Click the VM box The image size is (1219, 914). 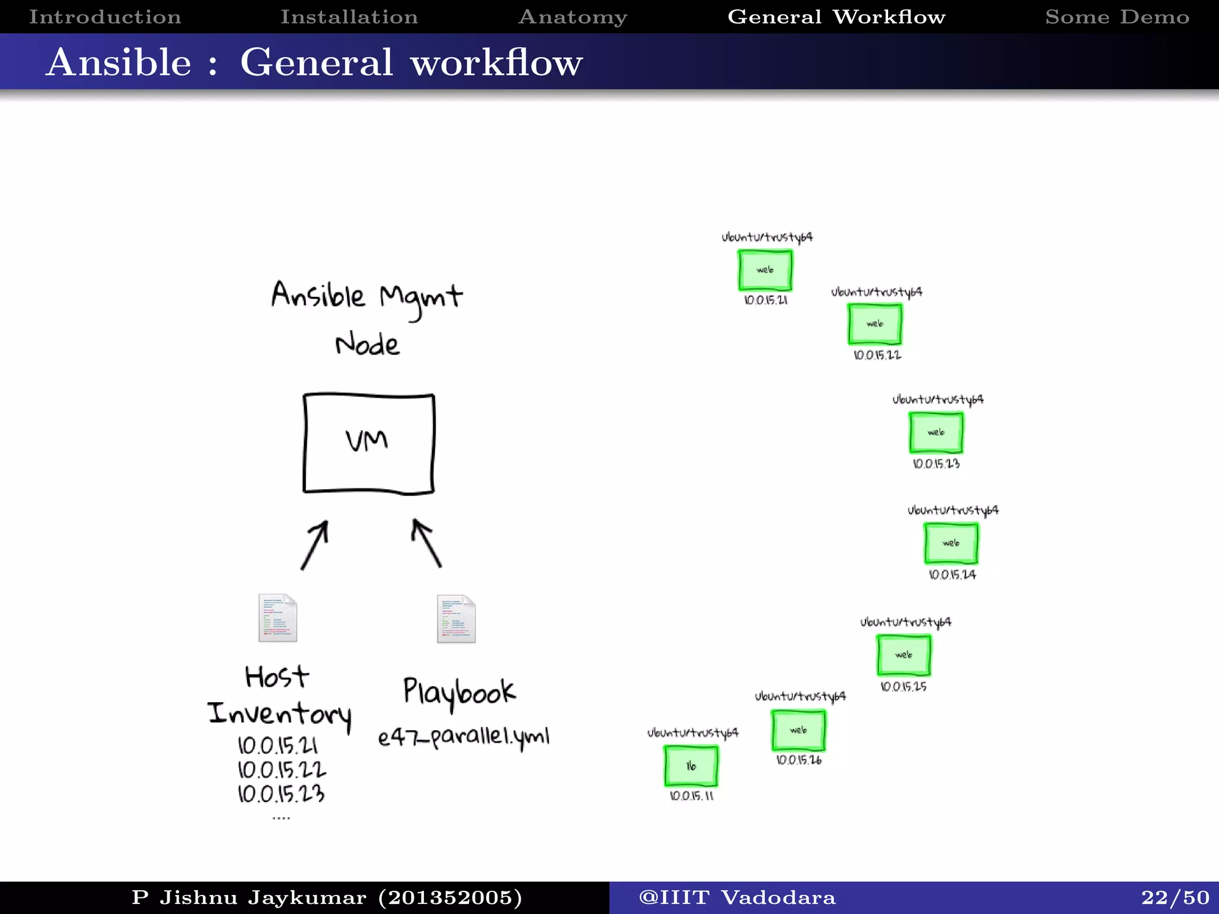(368, 443)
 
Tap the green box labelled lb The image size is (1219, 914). (690, 766)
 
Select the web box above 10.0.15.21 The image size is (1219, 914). (765, 270)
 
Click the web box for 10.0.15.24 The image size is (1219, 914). (951, 543)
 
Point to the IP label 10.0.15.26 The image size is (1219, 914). (799, 760)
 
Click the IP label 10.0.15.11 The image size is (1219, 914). (691, 796)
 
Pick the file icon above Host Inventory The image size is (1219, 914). (277, 618)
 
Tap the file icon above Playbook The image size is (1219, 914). (456, 619)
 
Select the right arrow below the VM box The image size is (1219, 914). (426, 543)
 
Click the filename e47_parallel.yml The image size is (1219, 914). (463, 737)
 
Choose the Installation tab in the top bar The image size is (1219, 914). (349, 17)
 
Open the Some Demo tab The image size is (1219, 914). (1117, 17)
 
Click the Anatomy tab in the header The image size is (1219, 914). (573, 17)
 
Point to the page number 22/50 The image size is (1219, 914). (1175, 897)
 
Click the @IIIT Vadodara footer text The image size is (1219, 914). (737, 897)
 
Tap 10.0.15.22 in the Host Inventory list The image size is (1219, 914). (282, 770)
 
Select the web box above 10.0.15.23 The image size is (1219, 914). (936, 433)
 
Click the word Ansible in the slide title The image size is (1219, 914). (119, 62)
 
